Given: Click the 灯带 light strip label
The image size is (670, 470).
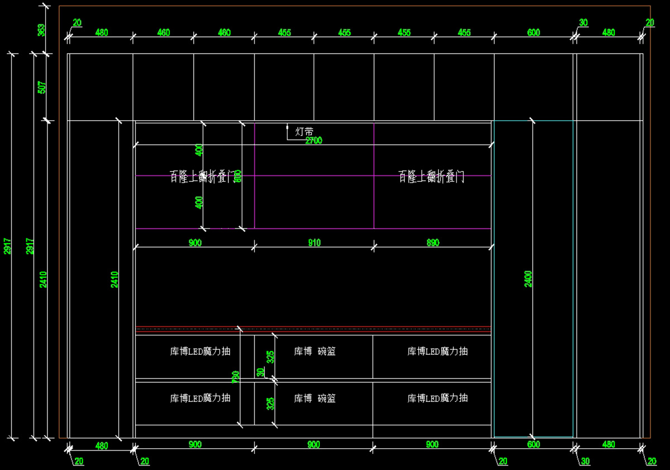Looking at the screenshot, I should [x=304, y=132].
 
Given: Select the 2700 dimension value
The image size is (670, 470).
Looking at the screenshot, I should [x=313, y=141].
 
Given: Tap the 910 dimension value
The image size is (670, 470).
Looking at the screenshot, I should [x=314, y=243].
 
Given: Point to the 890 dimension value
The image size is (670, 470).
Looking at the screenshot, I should [x=433, y=243].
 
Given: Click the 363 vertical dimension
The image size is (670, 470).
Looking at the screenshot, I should [x=41, y=30].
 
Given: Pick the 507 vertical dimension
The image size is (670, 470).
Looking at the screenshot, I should [x=41, y=87].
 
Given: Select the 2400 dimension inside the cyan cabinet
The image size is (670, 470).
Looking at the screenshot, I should [x=528, y=278].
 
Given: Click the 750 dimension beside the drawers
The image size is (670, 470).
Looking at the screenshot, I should [x=236, y=377].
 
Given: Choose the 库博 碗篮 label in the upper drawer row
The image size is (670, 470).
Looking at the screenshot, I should [x=315, y=352].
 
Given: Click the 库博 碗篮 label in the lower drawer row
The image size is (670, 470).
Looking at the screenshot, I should [x=315, y=398].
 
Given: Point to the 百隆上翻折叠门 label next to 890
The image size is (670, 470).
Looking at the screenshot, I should [x=432, y=178].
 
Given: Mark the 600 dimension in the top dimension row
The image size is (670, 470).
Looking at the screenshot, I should [x=533, y=33].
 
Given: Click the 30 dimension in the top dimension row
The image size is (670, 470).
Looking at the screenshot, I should [x=583, y=23].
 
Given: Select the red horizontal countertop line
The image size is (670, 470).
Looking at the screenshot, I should [x=313, y=327].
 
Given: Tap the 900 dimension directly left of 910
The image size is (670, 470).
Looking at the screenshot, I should [x=195, y=243].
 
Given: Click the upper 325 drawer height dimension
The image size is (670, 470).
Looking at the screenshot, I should [x=271, y=357].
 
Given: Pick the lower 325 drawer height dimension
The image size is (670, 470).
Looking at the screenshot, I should [x=271, y=403].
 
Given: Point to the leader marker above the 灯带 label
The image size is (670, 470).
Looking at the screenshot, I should [x=288, y=127].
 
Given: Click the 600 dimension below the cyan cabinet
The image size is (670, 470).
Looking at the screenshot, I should [x=533, y=445].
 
